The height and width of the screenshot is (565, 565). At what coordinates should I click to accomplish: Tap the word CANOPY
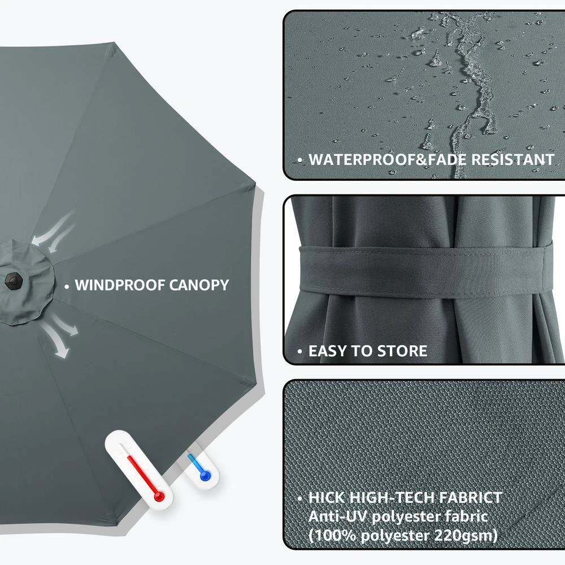199,285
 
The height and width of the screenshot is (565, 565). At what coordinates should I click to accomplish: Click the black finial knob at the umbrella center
14,281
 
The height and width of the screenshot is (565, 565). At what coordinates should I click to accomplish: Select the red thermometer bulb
159,497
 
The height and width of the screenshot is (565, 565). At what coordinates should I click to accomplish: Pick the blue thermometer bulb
205,476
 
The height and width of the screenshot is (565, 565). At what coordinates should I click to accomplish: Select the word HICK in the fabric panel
327,498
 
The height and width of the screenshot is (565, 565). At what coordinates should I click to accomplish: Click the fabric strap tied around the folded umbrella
426,272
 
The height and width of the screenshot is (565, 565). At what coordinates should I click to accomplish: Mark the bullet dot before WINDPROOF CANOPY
67,287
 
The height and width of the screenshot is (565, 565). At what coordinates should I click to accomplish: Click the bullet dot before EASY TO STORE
300,351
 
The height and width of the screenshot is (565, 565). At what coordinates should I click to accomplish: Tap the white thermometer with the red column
140,470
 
